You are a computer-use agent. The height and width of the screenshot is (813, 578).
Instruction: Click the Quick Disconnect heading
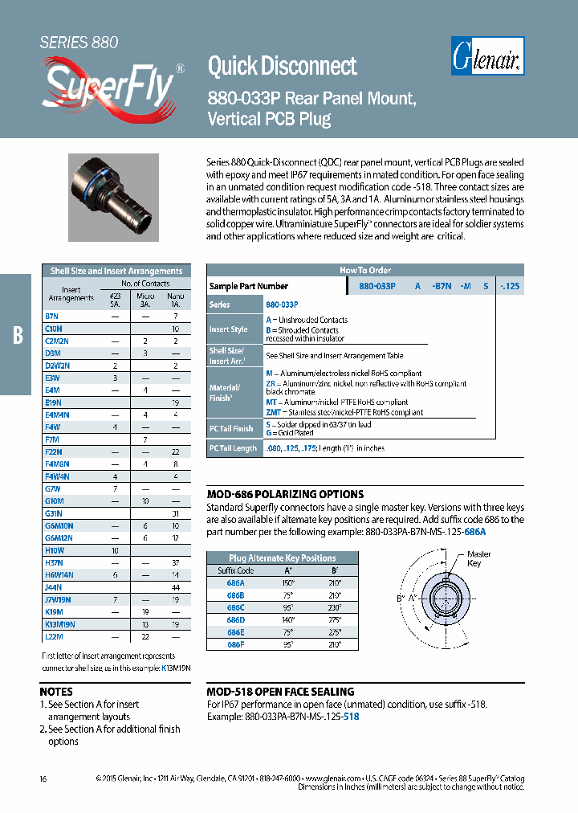pyautogui.click(x=282, y=66)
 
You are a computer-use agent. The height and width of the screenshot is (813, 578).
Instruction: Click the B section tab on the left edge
pyautogui.click(x=17, y=335)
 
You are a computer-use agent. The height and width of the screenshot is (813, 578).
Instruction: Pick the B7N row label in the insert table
pyautogui.click(x=52, y=317)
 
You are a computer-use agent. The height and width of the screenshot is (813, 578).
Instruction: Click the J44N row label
pyautogui.click(x=54, y=588)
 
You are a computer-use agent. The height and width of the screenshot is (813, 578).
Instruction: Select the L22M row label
pyautogui.click(x=54, y=636)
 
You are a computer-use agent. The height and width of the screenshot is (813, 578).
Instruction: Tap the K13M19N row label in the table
pyautogui.click(x=60, y=624)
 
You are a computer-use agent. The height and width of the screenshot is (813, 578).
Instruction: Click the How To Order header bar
pyautogui.click(x=365, y=271)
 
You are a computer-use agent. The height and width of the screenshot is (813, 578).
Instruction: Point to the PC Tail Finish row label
pyautogui.click(x=231, y=429)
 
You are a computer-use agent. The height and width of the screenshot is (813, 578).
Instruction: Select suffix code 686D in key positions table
pyautogui.click(x=236, y=621)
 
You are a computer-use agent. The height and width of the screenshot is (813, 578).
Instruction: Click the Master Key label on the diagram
pyautogui.click(x=478, y=559)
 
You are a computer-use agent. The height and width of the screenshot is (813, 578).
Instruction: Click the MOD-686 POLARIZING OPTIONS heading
pyautogui.click(x=285, y=494)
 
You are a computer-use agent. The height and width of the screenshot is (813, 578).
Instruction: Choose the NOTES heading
pyautogui.click(x=56, y=692)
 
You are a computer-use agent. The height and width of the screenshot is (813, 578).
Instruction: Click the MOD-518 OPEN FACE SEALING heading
pyautogui.click(x=280, y=692)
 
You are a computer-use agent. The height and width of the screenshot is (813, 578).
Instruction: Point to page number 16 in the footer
pyautogui.click(x=43, y=778)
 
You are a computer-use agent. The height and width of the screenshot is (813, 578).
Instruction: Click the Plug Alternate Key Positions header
pyautogui.click(x=271, y=558)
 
